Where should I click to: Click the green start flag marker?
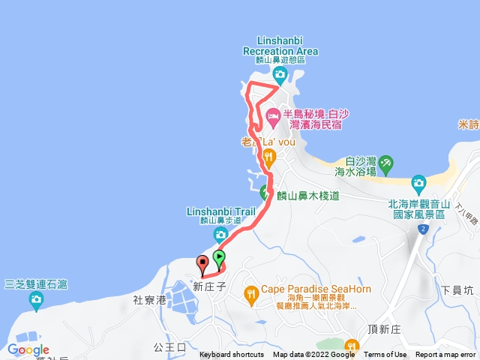[218, 259]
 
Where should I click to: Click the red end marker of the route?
[202, 263]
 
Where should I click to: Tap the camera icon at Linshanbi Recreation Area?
[280, 73]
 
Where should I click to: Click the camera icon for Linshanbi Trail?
[220, 235]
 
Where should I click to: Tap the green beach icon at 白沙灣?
[385, 162]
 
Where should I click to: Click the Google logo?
[28, 349]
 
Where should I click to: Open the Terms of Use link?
[385, 355]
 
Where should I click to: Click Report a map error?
[445, 355]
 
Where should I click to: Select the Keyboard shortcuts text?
[232, 355]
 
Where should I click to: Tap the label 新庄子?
[208, 286]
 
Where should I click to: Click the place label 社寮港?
[148, 299]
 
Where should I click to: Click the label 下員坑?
[457, 289]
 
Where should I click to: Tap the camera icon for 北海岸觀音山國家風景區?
[418, 182]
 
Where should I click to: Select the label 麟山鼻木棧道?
[307, 196]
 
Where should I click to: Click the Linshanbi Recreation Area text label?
[280, 46]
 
